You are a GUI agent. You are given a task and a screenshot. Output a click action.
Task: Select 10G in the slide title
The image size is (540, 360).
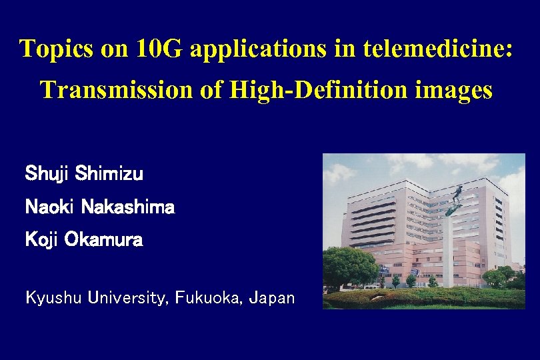158,49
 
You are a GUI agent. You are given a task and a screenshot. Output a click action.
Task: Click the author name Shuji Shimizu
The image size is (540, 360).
83,175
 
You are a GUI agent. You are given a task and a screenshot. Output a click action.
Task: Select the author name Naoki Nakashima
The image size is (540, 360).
99,207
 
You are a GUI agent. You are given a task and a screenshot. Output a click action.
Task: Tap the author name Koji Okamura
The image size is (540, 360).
83,239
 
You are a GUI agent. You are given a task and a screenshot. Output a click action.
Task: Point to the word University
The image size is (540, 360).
128,297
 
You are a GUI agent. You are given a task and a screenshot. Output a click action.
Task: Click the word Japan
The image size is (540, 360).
271,297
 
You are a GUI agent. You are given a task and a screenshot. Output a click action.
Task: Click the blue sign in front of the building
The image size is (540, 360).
385,270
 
